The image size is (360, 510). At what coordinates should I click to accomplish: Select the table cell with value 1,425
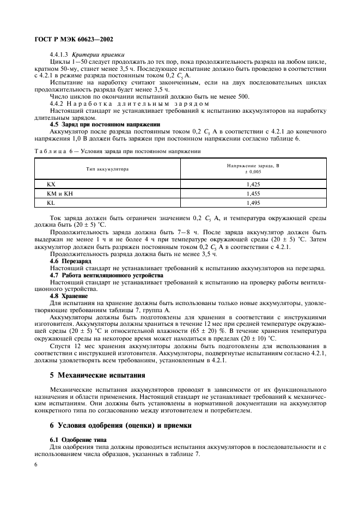pos(252,185)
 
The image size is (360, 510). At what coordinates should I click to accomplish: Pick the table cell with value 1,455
pos(252,193)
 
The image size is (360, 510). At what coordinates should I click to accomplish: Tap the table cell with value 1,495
pos(252,202)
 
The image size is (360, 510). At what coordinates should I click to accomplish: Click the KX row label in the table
pos(52,185)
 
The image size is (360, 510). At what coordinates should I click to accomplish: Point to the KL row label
pos(51,202)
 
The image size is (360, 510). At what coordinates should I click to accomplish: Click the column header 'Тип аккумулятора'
pos(107,169)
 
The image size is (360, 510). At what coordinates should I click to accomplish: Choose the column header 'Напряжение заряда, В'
pos(252,166)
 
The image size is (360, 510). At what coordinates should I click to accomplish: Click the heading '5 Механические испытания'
pos(98,375)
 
